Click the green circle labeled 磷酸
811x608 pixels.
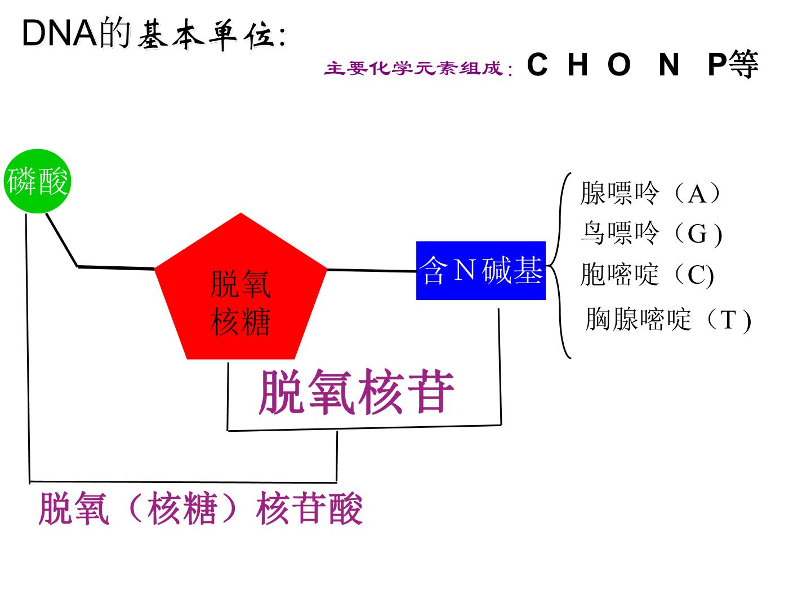click(x=37, y=181)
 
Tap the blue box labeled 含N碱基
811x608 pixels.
click(x=481, y=271)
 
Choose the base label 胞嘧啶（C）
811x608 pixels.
click(x=647, y=274)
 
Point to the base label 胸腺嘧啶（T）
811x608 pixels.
click(x=669, y=319)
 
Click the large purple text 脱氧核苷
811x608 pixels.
click(x=357, y=392)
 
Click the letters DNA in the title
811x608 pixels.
click(x=60, y=34)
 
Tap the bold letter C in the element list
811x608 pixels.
click(x=537, y=64)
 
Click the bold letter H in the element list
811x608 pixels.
click(x=577, y=64)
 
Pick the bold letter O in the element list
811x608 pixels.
click(x=620, y=64)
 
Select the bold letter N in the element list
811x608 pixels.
click(x=669, y=64)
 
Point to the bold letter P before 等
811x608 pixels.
click(x=718, y=64)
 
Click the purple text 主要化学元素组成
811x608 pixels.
click(x=414, y=68)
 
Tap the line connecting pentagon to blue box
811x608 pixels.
click(x=372, y=271)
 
